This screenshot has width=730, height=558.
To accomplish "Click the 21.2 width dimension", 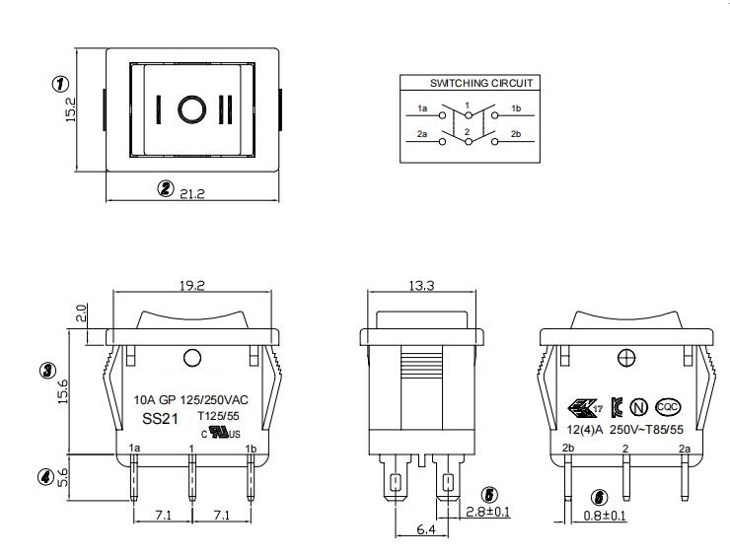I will click(191, 193).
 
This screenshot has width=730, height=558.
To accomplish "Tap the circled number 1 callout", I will click(59, 85).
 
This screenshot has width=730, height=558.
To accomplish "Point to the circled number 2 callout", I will click(166, 189).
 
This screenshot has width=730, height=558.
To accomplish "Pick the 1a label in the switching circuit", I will click(422, 107).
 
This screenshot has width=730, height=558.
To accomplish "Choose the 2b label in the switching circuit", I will click(515, 133).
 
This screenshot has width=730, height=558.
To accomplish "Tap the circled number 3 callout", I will click(46, 371).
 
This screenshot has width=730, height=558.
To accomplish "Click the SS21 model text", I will click(159, 419).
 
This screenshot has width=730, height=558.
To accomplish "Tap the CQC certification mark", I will click(668, 406).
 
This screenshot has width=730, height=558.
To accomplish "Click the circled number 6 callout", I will click(601, 498).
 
